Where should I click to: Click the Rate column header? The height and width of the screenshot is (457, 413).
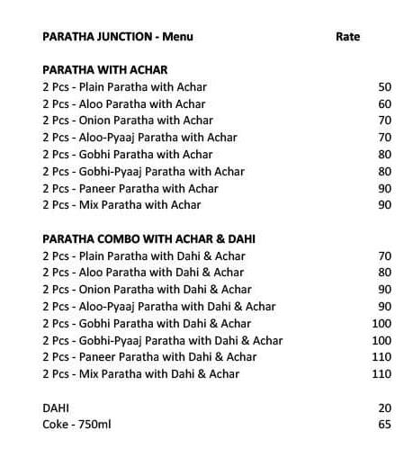click(347, 37)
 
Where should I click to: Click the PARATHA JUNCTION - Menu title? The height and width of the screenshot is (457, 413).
click(118, 37)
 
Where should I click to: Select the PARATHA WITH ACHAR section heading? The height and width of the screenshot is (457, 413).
click(104, 69)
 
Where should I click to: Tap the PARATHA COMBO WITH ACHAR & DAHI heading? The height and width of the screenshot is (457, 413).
click(148, 238)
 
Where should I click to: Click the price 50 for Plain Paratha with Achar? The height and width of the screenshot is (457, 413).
click(385, 87)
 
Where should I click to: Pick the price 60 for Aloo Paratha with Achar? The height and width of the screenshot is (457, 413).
click(385, 104)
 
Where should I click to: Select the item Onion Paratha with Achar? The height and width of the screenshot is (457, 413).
click(128, 121)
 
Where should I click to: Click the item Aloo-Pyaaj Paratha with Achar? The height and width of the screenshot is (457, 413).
click(140, 138)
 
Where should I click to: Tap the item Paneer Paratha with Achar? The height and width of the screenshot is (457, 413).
click(130, 188)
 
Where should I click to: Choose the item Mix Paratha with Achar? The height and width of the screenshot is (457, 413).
click(121, 205)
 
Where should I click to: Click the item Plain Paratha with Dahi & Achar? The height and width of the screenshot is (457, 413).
click(143, 255)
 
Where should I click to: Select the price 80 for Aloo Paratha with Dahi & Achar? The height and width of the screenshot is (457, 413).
click(385, 273)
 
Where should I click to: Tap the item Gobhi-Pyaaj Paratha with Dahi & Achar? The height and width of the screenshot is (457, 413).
click(162, 340)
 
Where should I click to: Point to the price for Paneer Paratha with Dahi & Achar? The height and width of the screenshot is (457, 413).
click(382, 357)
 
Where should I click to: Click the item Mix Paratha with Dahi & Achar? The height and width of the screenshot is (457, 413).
click(140, 374)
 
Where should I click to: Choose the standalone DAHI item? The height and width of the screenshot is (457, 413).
click(56, 408)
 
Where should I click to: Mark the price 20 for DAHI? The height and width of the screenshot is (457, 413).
click(385, 408)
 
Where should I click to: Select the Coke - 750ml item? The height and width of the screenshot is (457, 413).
click(76, 425)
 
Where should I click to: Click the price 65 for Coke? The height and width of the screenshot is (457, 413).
click(385, 425)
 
